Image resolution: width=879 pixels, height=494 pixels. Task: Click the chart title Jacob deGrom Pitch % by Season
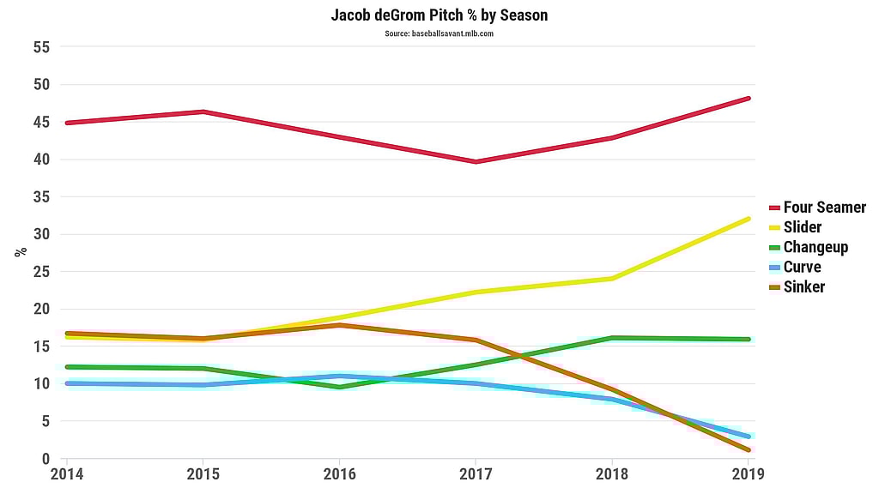pos(439,15)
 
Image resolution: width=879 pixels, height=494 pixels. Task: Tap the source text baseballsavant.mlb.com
pos(439,33)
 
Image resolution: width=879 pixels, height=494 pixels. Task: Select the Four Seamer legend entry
pos(824,208)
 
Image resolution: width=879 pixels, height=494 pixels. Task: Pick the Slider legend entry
pos(802,227)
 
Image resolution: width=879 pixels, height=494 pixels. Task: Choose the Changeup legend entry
pos(815,247)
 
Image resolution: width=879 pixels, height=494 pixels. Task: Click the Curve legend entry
pos(802,267)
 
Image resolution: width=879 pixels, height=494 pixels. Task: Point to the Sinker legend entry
pos(803,286)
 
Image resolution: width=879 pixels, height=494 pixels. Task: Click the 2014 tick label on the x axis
pos(66,473)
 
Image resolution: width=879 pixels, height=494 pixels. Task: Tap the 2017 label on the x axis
pos(476,473)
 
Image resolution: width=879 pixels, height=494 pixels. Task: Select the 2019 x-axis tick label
pos(748,473)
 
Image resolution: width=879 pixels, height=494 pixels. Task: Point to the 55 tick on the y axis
pos(41,47)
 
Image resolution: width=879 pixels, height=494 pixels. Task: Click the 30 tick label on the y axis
pos(41,234)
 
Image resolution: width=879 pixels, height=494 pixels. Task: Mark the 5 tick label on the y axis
pos(45,421)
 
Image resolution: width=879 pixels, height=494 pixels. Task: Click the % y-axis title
pos(20,252)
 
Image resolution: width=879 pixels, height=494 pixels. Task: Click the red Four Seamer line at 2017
pos(476,161)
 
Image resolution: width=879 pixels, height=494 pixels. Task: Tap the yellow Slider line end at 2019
pos(748,219)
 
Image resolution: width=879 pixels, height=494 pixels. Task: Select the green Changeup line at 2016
pos(339,387)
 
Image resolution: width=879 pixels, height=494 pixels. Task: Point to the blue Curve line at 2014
pos(67,383)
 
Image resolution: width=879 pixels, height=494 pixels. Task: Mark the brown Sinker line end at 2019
pos(748,449)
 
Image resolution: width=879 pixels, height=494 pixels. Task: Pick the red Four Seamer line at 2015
pos(203,111)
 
